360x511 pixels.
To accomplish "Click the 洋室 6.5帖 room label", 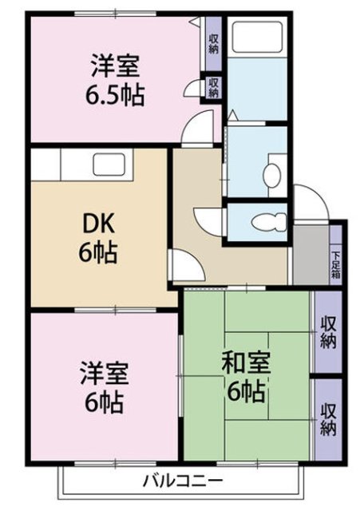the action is point(115,80).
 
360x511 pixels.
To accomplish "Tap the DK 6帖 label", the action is point(98,239).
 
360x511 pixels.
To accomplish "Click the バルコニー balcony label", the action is point(184,481).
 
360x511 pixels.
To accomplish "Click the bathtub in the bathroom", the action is point(257,37).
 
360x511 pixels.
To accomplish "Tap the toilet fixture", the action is point(269,222).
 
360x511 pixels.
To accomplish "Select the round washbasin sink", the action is point(271,175).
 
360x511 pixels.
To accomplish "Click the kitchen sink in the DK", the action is point(110,164).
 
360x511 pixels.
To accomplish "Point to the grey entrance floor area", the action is point(311,255).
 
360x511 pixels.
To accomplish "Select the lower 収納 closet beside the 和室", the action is point(328,420).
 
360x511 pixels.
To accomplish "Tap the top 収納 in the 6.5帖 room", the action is point(214,44).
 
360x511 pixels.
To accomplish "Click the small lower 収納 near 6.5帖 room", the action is point(213,87).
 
